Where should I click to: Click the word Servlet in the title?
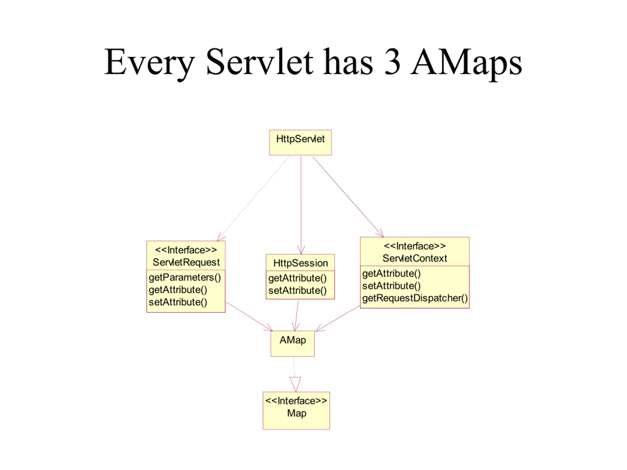point(260,62)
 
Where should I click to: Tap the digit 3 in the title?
point(392,62)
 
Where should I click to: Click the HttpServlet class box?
point(301,142)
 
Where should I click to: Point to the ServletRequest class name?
point(186,262)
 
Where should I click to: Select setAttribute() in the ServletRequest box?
point(178,302)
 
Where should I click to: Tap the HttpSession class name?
point(301,263)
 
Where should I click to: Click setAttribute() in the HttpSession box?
point(298,291)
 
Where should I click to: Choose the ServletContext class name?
point(415,258)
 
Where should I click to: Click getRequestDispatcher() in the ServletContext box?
point(415,298)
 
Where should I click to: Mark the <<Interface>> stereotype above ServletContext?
point(415,246)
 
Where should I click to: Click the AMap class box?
point(292,343)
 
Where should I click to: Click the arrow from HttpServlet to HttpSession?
point(301,205)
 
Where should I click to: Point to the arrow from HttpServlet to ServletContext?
point(348,197)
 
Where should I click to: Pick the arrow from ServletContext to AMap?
point(338,318)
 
